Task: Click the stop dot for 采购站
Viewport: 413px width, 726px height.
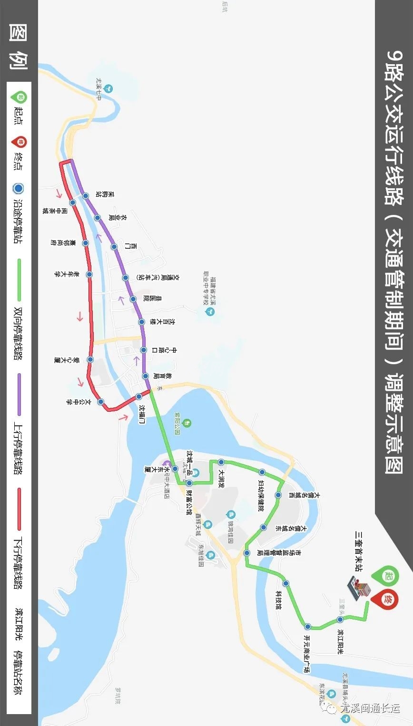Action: click(86, 196)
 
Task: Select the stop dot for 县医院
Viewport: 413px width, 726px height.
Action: click(133, 299)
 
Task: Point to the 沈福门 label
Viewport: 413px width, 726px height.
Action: click(141, 414)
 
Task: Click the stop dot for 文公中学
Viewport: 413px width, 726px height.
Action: click(101, 402)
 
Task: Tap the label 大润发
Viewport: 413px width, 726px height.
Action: click(221, 479)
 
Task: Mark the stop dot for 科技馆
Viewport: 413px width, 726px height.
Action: click(285, 583)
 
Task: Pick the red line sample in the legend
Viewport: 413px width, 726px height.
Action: click(20, 509)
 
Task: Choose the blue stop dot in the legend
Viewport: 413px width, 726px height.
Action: click(19, 189)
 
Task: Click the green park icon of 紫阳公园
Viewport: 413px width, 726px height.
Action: click(188, 423)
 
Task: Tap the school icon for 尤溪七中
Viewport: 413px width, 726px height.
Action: click(109, 88)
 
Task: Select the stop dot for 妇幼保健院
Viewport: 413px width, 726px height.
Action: click(262, 472)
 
